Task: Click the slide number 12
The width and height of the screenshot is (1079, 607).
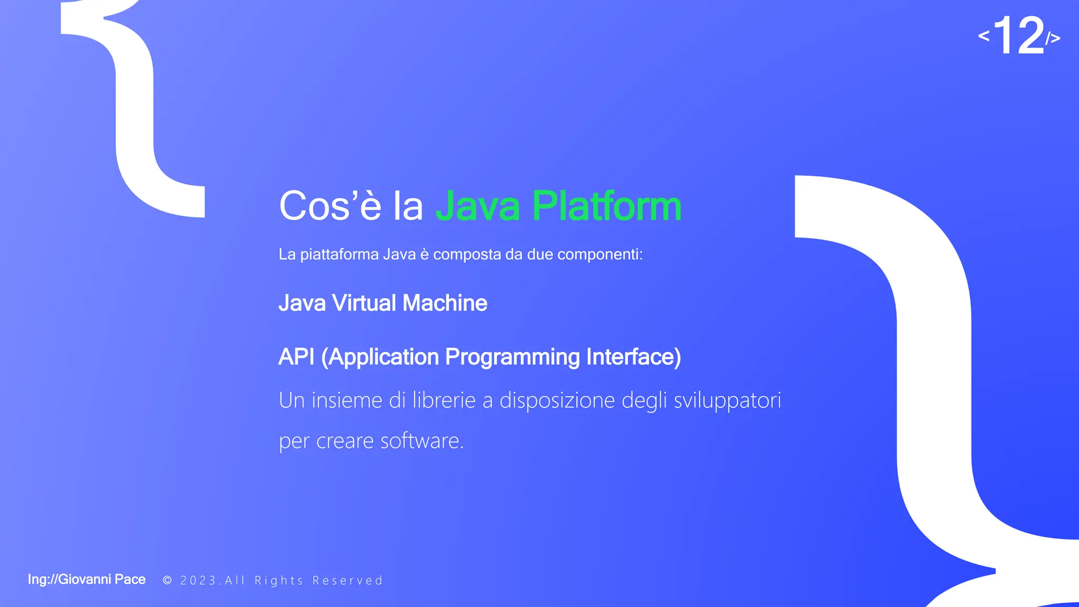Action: (x=1018, y=35)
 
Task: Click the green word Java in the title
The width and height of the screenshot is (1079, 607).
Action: (x=477, y=206)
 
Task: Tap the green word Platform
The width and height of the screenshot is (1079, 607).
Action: (x=606, y=206)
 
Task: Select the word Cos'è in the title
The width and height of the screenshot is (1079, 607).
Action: (x=330, y=206)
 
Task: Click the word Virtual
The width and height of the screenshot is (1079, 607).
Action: (x=364, y=303)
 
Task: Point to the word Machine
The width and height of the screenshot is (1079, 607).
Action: (x=445, y=303)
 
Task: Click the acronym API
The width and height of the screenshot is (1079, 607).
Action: (x=296, y=357)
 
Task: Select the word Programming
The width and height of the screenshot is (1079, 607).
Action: (x=512, y=357)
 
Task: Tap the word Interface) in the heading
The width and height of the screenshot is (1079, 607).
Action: (x=633, y=357)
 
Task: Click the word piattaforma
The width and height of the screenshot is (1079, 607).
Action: (x=339, y=254)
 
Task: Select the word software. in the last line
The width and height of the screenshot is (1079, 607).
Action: (x=422, y=440)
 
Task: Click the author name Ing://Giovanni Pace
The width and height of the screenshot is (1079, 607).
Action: (x=86, y=580)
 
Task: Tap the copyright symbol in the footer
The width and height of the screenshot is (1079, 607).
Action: (x=168, y=580)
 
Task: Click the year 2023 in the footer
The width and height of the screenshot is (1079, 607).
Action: (x=198, y=581)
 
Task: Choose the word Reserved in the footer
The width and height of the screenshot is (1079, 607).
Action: (x=348, y=581)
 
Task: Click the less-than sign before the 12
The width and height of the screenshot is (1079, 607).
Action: (x=984, y=36)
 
